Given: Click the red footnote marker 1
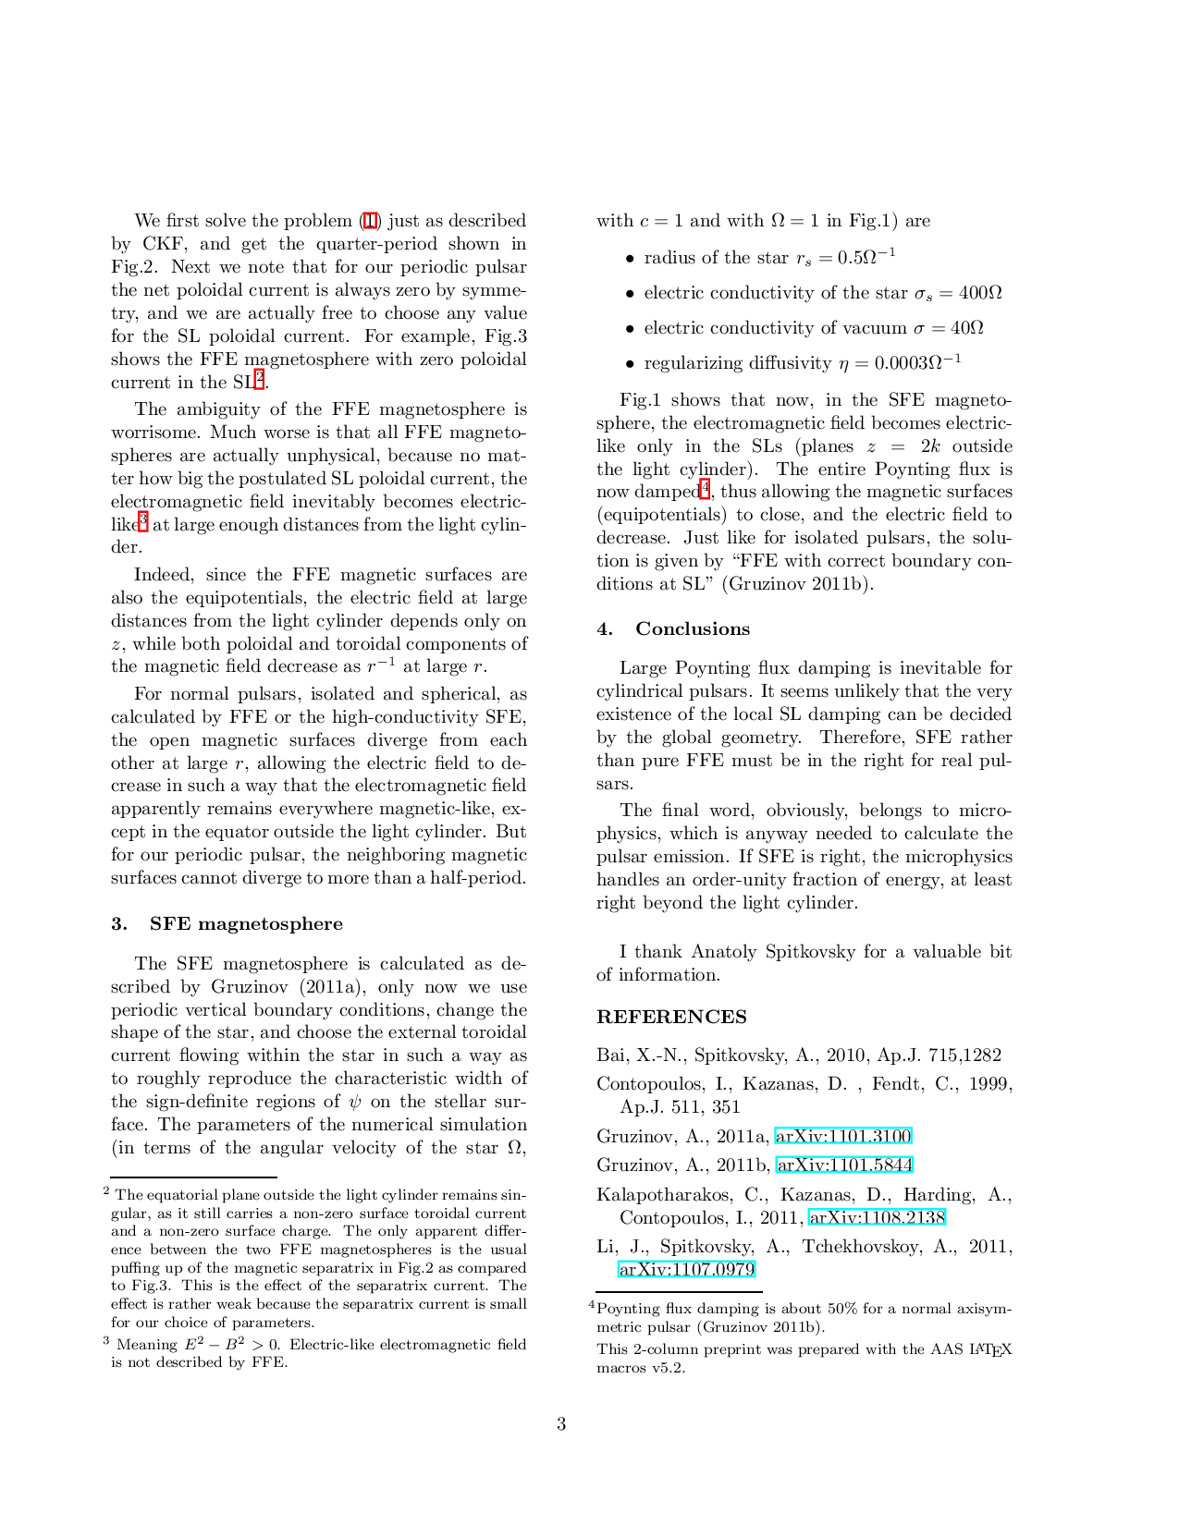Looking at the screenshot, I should (x=370, y=220).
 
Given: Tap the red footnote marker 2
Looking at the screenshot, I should (x=259, y=378).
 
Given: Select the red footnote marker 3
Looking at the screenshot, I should (x=142, y=521).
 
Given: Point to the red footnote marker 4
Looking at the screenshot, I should (x=704, y=489).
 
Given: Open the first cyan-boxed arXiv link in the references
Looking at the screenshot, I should (x=842, y=1135).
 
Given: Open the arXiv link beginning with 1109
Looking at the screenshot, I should (x=876, y=1217).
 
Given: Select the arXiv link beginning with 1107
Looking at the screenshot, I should (x=686, y=1269).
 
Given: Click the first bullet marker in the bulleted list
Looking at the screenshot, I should (x=629, y=259).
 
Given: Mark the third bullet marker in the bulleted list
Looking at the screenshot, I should (x=629, y=328).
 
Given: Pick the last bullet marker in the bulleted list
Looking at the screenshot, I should (x=629, y=362).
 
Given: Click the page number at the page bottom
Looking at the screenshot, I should (x=561, y=1423).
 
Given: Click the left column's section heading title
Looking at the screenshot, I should (x=248, y=923).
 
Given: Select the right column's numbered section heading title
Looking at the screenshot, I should (x=694, y=629).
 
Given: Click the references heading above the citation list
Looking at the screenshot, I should (x=669, y=1018).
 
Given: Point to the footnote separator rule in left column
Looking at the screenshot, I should (x=192, y=1179).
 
